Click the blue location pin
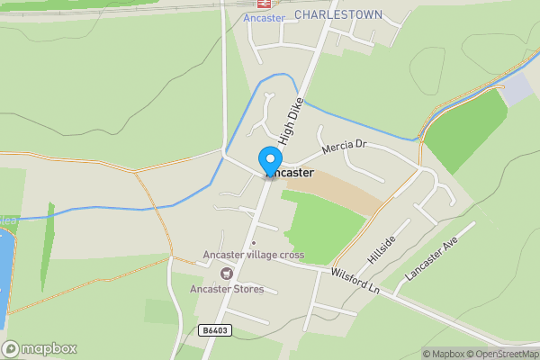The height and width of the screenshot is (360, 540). [x=269, y=160]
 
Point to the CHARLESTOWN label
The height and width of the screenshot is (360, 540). [x=337, y=15]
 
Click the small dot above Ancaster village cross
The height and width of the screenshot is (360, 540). [x=253, y=242]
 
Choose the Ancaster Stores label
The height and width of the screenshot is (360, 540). [x=226, y=289]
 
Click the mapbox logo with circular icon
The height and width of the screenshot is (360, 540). [x=39, y=348]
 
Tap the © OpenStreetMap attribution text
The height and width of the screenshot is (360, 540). [x=506, y=354]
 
